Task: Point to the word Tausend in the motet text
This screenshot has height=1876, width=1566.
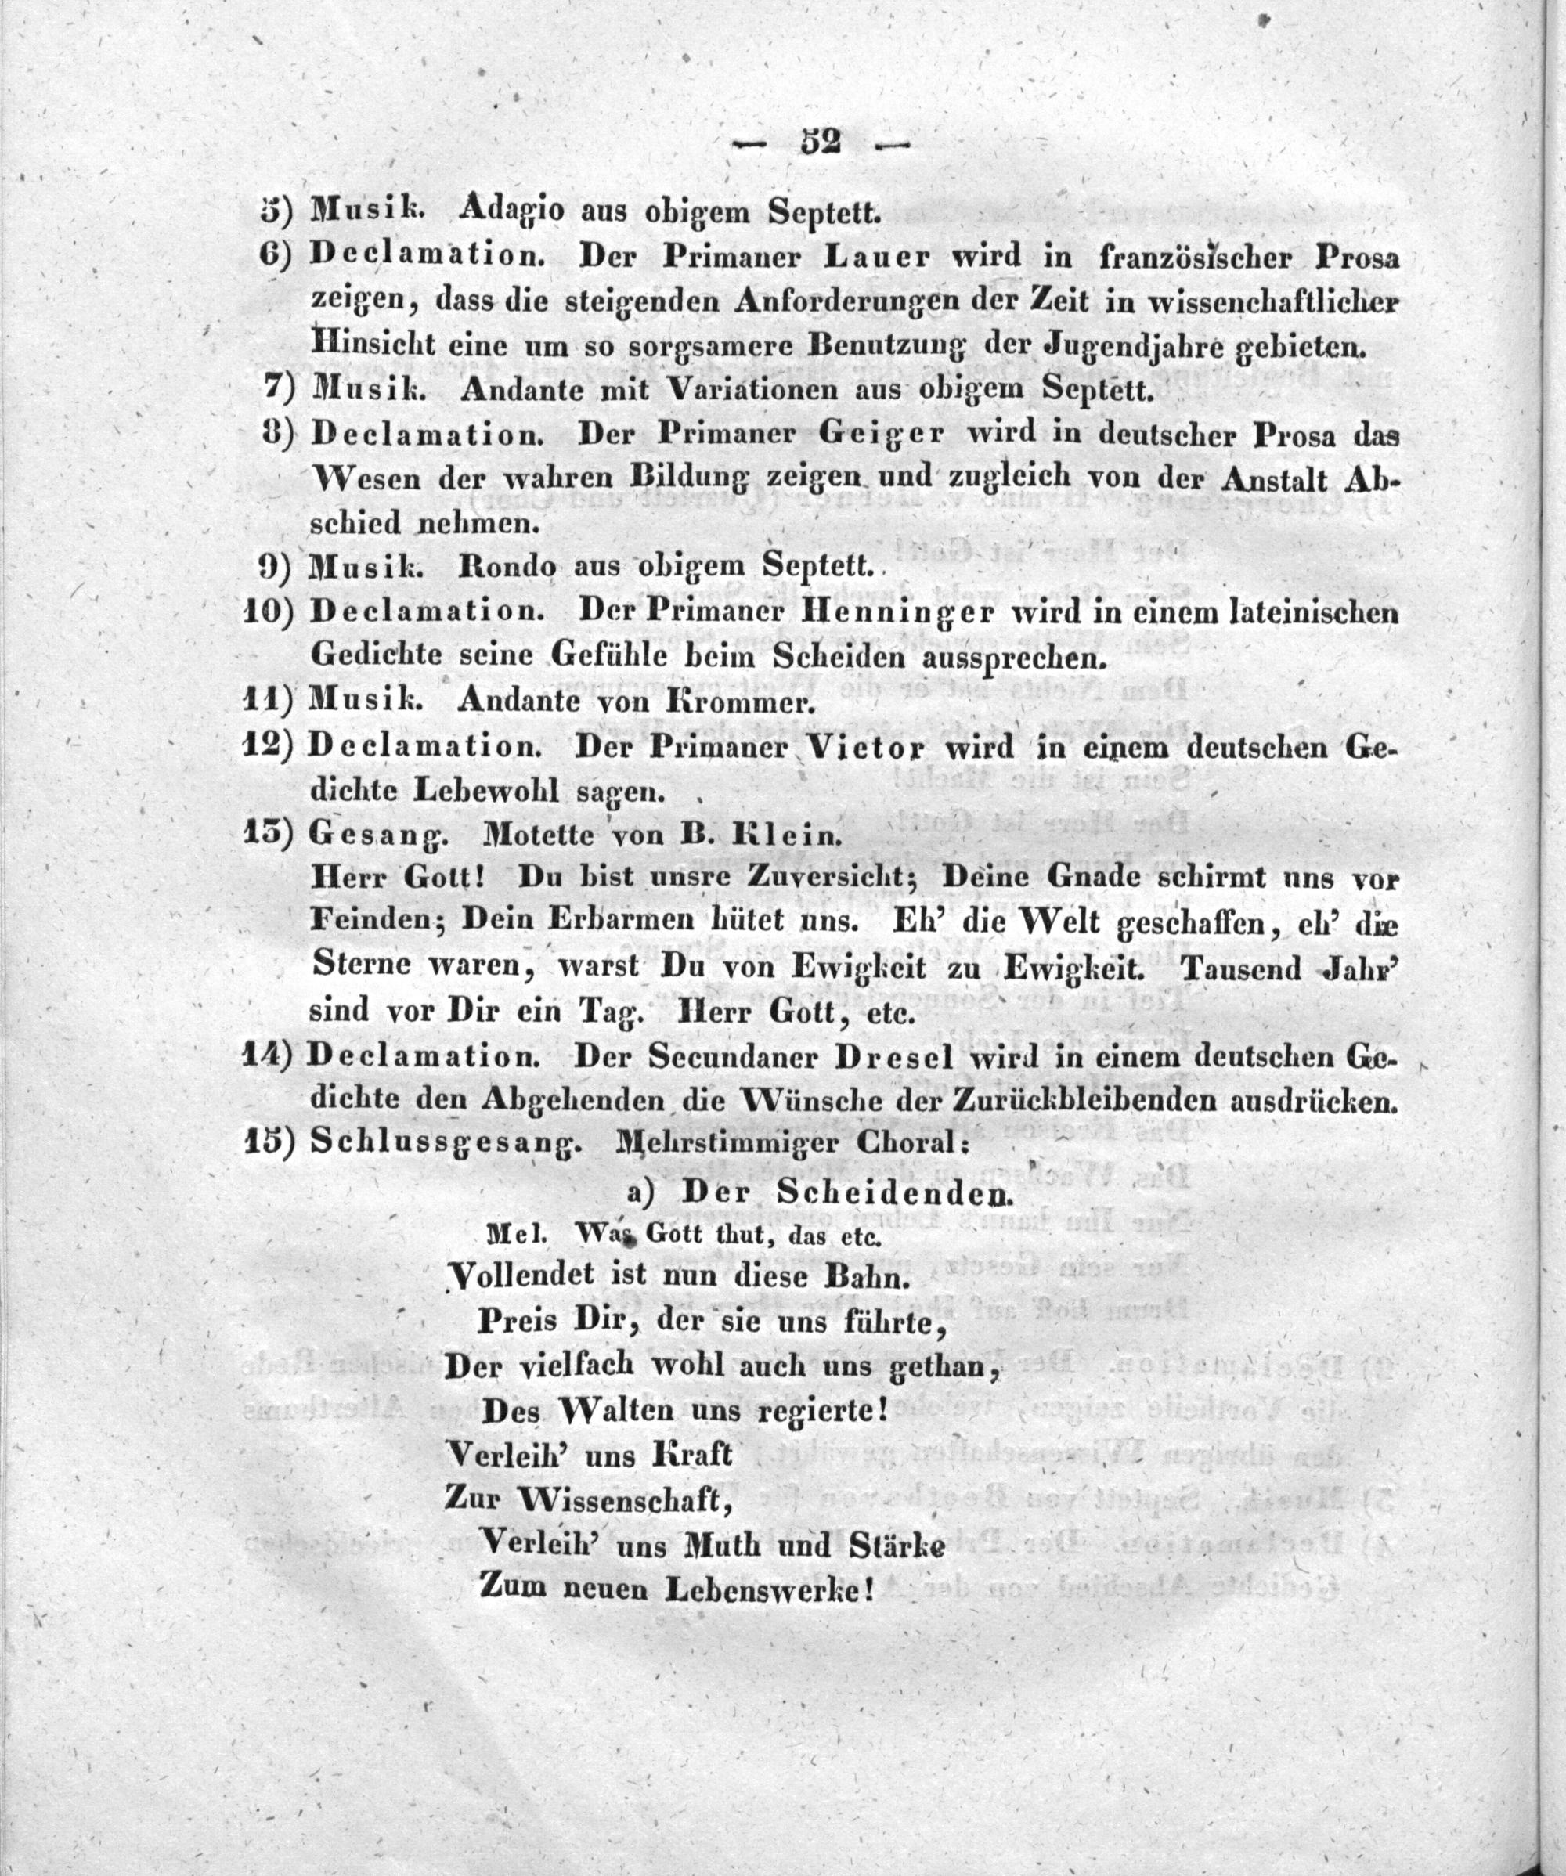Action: [1244, 968]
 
